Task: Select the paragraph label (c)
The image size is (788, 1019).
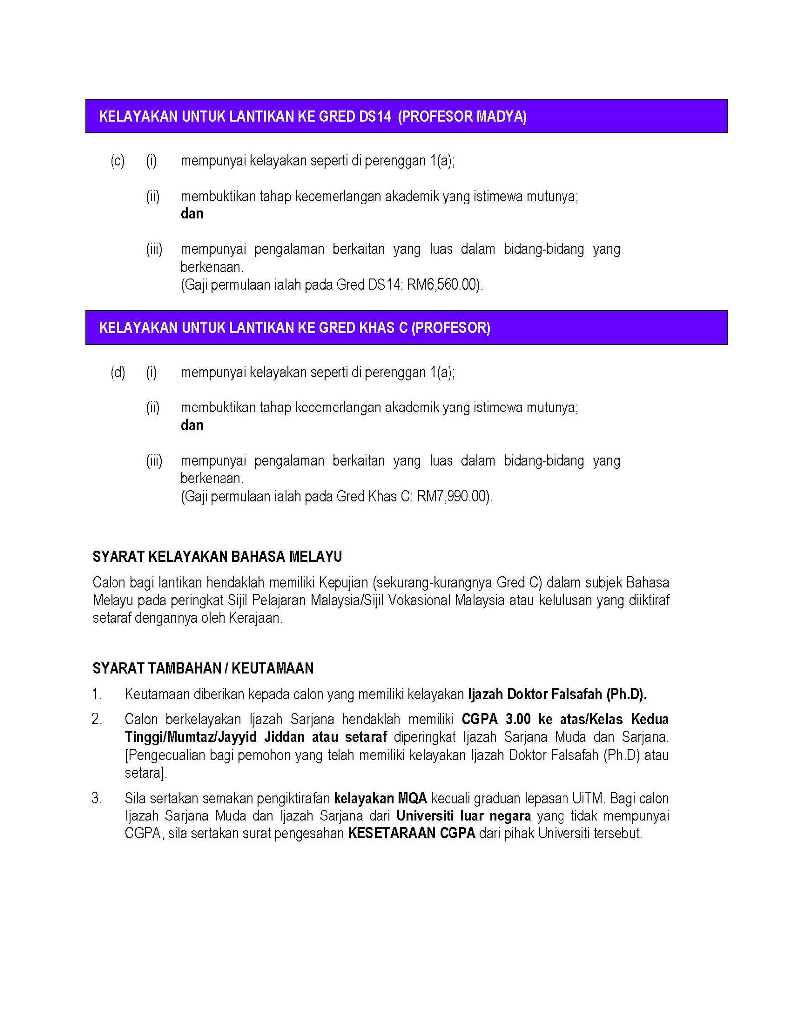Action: click(x=117, y=161)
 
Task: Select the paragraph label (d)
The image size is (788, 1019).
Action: click(x=117, y=372)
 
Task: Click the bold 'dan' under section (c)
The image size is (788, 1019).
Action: click(x=192, y=214)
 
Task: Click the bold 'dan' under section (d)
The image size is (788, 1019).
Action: click(x=192, y=425)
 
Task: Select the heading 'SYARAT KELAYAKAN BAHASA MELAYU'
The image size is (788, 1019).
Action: click(x=217, y=557)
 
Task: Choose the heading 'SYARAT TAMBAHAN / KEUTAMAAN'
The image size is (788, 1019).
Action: click(x=203, y=668)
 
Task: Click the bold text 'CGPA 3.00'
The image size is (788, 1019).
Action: click(x=493, y=720)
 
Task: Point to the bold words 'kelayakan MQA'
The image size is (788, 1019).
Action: click(x=380, y=799)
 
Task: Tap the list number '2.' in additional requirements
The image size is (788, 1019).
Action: click(x=97, y=720)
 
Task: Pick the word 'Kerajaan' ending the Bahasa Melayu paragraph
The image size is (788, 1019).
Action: click(x=255, y=619)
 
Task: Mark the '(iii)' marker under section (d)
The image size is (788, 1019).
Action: click(x=154, y=461)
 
